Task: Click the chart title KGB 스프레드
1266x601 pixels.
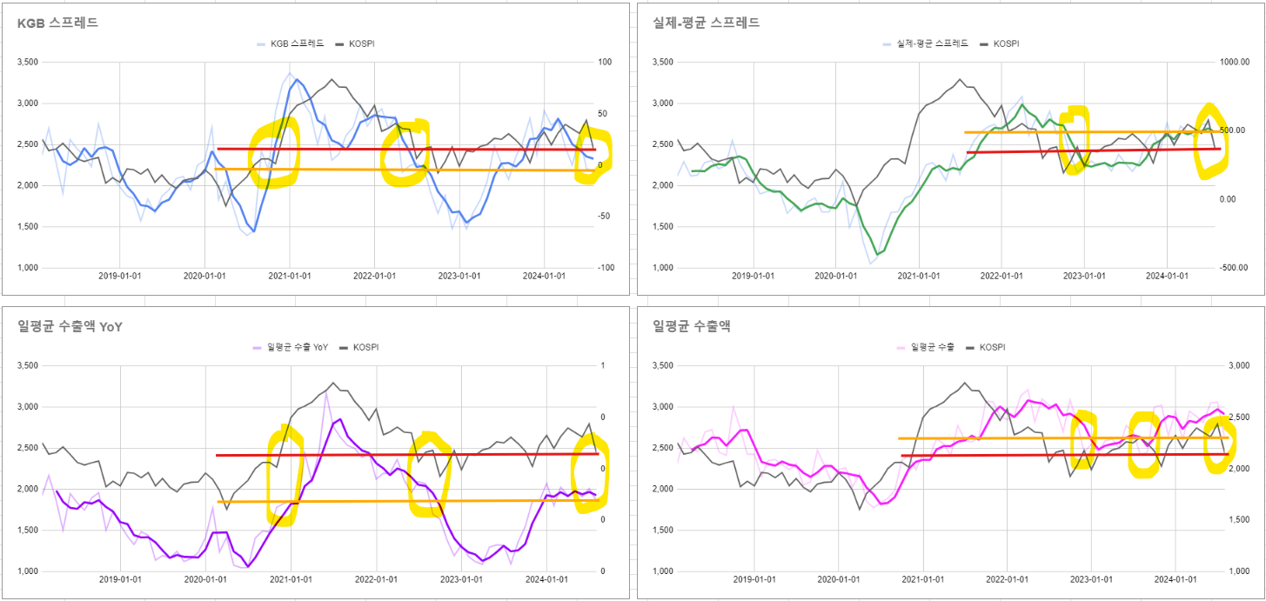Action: pos(57,23)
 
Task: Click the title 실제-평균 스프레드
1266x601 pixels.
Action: pos(706,23)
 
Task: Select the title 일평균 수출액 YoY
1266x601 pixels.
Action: pos(70,326)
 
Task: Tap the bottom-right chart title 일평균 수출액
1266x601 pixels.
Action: pos(691,326)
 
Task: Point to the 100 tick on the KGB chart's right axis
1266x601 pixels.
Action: pos(605,62)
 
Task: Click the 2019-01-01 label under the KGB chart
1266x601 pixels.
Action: pos(120,276)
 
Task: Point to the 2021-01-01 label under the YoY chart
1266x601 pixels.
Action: pos(289,579)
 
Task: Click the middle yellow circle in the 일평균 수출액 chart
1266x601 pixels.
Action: pos(1144,444)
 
